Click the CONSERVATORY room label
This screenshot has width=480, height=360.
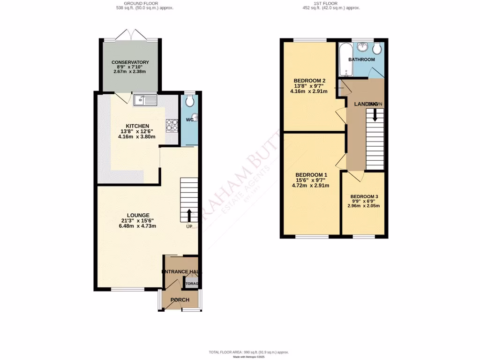pyautogui.click(x=130, y=62)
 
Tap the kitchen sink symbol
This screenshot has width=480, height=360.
pyautogui.click(x=144, y=100)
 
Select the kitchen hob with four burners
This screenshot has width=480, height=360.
pyautogui.click(x=172, y=125)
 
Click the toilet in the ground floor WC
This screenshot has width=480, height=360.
pyautogui.click(x=190, y=102)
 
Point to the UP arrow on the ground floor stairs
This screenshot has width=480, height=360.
pyautogui.click(x=189, y=215)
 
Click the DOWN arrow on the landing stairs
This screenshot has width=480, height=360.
pyautogui.click(x=375, y=115)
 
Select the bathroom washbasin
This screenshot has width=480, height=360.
pyautogui.click(x=362, y=47)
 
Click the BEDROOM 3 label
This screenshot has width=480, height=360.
pyautogui.click(x=364, y=196)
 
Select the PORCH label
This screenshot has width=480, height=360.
pyautogui.click(x=180, y=300)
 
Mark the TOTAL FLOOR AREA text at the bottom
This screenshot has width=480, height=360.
pyautogui.click(x=248, y=352)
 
